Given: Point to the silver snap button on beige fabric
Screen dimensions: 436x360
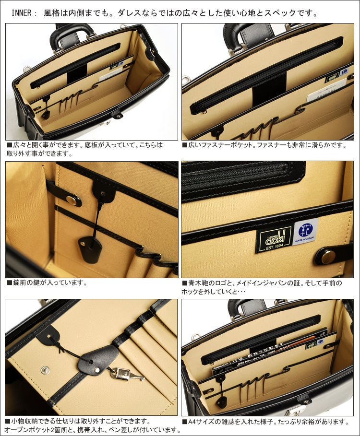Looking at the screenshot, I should click(x=45, y=369).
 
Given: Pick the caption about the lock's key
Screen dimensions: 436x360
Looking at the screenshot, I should click(x=47, y=283).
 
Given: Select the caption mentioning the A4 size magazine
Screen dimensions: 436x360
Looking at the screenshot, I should click(x=265, y=422).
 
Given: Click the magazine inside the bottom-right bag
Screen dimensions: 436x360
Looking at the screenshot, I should click(x=269, y=353).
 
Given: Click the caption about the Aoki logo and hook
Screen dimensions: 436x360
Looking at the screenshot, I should click(x=262, y=287).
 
